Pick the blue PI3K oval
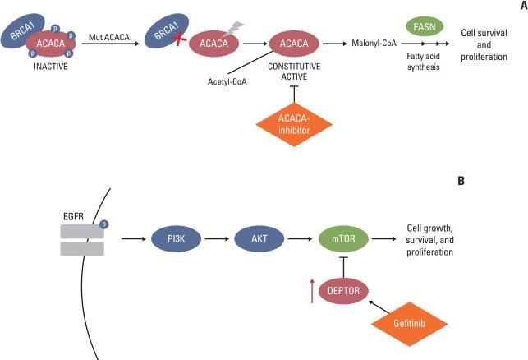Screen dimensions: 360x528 tap(174, 240)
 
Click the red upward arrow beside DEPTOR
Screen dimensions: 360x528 tap(312, 291)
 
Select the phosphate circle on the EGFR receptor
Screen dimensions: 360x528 tap(104, 224)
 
